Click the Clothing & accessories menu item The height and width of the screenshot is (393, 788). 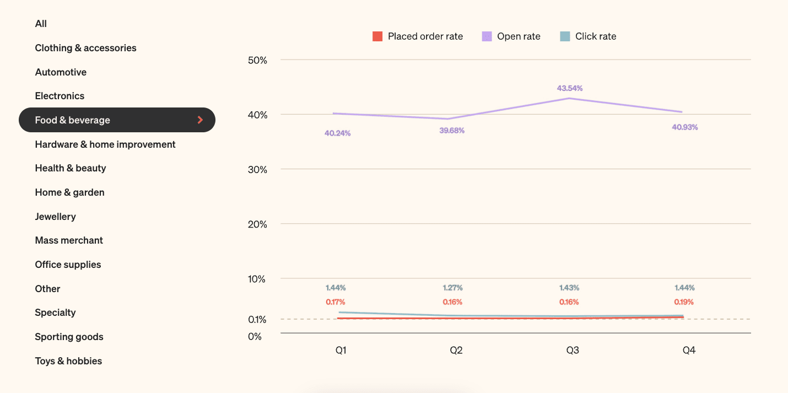85,48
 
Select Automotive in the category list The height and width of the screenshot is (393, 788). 61,72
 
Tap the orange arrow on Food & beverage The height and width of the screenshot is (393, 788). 201,120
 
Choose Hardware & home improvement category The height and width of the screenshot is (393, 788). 105,144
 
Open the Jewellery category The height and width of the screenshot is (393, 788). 55,217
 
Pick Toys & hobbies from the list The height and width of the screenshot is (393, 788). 68,361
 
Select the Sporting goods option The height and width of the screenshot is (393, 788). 69,337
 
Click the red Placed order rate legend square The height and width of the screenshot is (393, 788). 377,36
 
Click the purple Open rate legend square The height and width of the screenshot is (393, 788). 487,36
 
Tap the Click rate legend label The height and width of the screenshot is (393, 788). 596,36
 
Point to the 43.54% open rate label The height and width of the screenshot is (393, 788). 570,88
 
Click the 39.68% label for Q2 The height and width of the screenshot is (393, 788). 452,131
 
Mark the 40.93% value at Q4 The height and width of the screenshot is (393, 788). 685,127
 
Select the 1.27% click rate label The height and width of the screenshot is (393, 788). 452,288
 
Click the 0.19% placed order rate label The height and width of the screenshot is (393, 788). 684,302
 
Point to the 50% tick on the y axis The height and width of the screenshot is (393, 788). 257,60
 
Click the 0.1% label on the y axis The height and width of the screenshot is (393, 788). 257,320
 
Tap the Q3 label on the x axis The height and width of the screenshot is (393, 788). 573,351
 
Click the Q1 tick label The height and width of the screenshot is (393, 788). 341,351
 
